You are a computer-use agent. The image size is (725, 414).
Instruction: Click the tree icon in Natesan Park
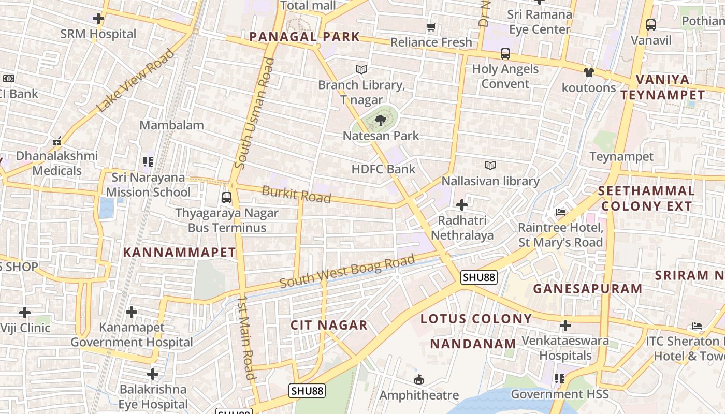click(x=381, y=121)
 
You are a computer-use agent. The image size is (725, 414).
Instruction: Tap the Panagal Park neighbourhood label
click(x=304, y=37)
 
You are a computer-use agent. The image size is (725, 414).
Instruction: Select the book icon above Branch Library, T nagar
click(x=361, y=69)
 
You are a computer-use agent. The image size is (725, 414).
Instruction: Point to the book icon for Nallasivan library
click(x=490, y=165)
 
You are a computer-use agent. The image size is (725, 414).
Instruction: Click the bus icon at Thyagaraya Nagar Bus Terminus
click(x=226, y=197)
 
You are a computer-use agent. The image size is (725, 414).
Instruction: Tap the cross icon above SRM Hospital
click(x=98, y=19)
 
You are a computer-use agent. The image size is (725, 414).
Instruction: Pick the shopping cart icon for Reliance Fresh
click(x=431, y=27)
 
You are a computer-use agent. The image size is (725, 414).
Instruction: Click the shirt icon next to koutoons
click(x=588, y=72)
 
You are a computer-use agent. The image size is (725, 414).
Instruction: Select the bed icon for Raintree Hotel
click(x=560, y=212)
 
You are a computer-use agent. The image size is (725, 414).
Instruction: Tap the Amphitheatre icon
click(x=419, y=380)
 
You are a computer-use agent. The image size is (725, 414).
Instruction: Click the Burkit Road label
click(x=296, y=195)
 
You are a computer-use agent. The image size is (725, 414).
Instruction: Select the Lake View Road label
click(x=136, y=81)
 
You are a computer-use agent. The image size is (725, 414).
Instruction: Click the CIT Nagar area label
click(x=329, y=325)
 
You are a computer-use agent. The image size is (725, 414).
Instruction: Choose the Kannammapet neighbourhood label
click(x=179, y=253)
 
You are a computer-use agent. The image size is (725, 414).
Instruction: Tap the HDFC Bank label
click(x=383, y=169)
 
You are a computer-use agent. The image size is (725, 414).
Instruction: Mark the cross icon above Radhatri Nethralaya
click(x=461, y=205)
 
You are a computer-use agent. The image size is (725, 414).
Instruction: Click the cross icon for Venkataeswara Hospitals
click(x=565, y=326)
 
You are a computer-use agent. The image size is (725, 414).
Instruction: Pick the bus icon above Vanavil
click(x=650, y=24)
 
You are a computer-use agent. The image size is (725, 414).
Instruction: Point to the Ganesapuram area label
click(x=588, y=289)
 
